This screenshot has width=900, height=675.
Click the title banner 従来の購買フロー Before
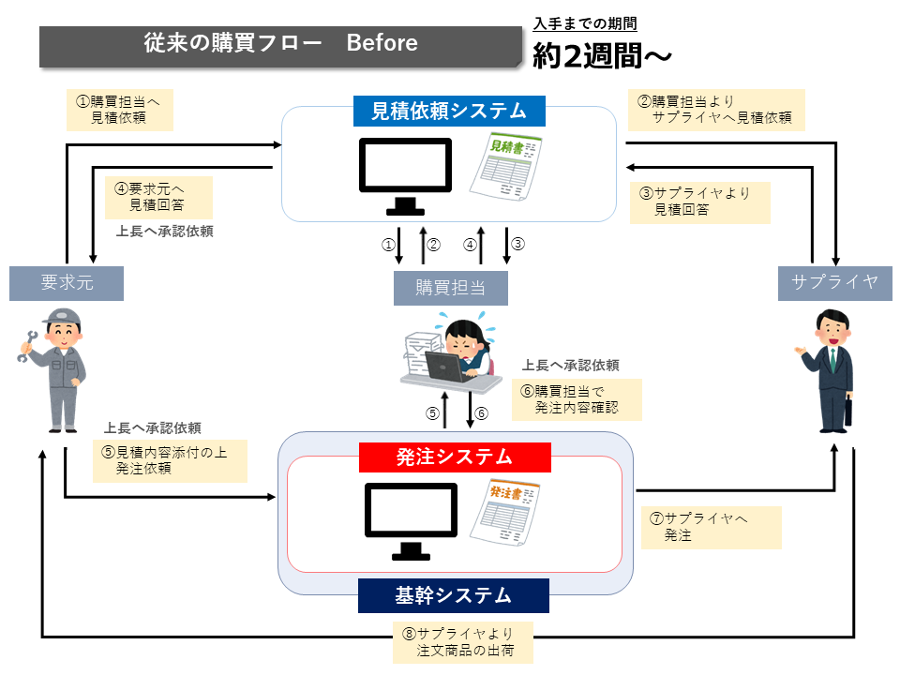tap(280, 44)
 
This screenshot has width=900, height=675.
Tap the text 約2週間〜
tap(602, 57)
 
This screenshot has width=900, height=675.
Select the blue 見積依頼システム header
tap(448, 112)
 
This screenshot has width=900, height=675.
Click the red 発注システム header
tap(454, 457)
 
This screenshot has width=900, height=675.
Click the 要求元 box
tap(67, 283)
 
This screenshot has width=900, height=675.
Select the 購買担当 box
tap(450, 288)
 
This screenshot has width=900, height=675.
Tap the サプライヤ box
tap(834, 283)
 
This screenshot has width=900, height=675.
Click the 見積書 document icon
tap(505, 166)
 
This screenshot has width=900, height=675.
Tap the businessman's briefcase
tap(848, 411)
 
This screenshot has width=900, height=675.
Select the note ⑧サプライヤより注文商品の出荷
tap(463, 641)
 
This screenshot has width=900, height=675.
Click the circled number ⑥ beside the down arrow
tap(482, 413)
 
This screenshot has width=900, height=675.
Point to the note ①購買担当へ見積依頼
tap(119, 111)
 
